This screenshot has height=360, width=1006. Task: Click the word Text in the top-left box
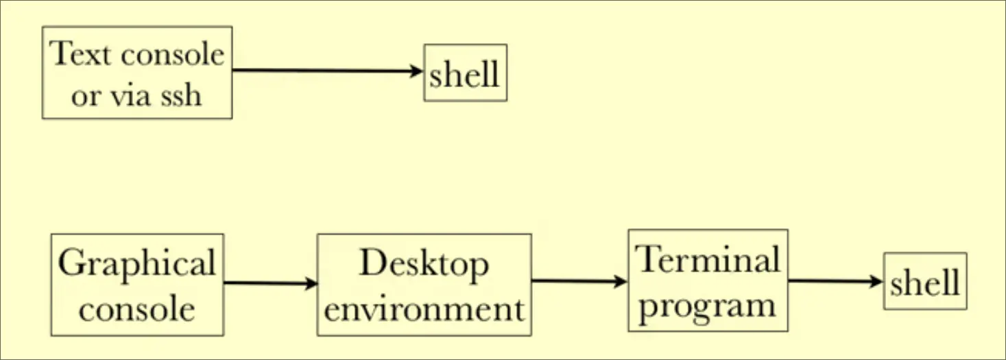click(78, 53)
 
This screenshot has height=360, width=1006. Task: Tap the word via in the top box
click(129, 95)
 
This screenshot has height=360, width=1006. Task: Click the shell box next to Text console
click(465, 73)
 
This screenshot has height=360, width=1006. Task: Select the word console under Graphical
click(136, 308)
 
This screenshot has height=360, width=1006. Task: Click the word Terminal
click(708, 260)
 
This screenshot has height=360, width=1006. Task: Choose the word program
click(707, 304)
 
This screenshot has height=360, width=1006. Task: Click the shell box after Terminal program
click(924, 281)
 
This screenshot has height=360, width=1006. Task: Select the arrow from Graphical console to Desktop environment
click(270, 283)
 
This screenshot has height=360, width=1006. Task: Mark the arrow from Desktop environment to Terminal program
click(579, 280)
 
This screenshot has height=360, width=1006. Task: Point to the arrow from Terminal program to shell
click(835, 281)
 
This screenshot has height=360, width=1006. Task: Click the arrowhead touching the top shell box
click(417, 71)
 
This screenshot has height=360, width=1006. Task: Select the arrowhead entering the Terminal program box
click(621, 280)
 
